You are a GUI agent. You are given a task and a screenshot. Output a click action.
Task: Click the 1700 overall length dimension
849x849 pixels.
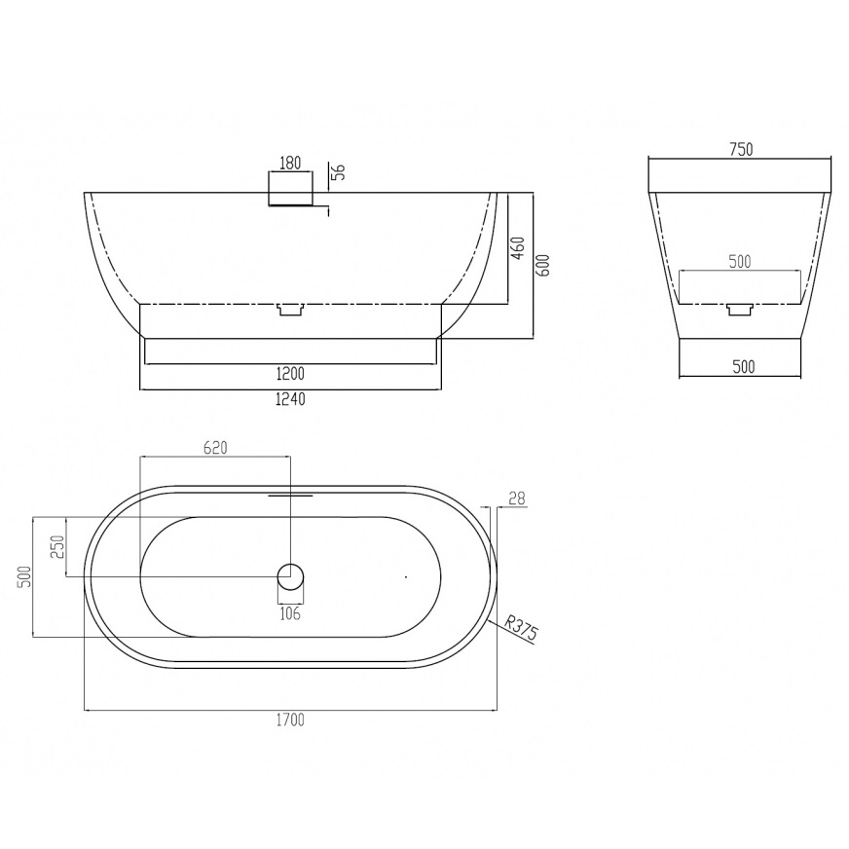click(x=290, y=720)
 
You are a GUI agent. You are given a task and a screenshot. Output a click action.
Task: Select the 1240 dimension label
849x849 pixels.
click(x=291, y=399)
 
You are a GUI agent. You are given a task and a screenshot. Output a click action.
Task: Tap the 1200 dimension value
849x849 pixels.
click(x=290, y=374)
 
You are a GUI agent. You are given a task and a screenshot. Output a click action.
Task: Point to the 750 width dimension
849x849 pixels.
click(x=741, y=149)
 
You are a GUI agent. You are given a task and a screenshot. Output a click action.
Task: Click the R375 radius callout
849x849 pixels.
click(x=522, y=628)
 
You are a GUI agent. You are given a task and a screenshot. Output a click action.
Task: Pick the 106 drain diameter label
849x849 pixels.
click(x=290, y=614)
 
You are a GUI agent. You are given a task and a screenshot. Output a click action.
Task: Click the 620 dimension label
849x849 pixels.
click(x=215, y=448)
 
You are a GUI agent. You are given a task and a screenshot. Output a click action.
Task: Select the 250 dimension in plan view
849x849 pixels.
click(x=58, y=547)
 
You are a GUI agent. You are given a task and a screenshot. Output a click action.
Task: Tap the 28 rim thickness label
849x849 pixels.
click(x=518, y=498)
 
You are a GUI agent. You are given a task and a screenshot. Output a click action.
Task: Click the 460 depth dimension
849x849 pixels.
click(x=518, y=248)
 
